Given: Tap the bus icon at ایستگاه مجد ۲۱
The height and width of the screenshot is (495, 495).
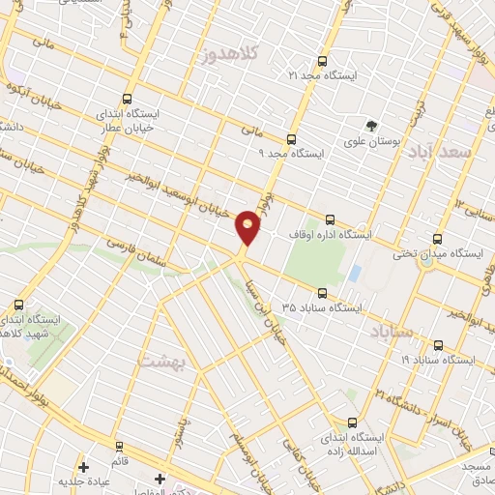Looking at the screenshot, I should coord(322,59).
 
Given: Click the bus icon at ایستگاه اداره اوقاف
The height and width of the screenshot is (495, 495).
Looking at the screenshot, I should coord(332,219).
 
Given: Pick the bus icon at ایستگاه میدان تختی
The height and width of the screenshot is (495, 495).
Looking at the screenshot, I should coord(438,238).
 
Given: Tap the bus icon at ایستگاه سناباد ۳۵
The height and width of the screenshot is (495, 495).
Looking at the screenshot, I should coord(322,293).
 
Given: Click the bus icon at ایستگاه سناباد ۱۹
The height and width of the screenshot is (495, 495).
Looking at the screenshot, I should coord(438,344).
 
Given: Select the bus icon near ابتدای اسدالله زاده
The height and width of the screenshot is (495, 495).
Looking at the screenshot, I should coord(351,422).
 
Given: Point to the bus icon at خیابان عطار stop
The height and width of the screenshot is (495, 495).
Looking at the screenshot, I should coord(127,99).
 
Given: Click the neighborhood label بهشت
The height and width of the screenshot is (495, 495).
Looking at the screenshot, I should coord(161,362).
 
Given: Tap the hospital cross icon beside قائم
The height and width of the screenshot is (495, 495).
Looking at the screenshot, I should coord(84,466).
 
